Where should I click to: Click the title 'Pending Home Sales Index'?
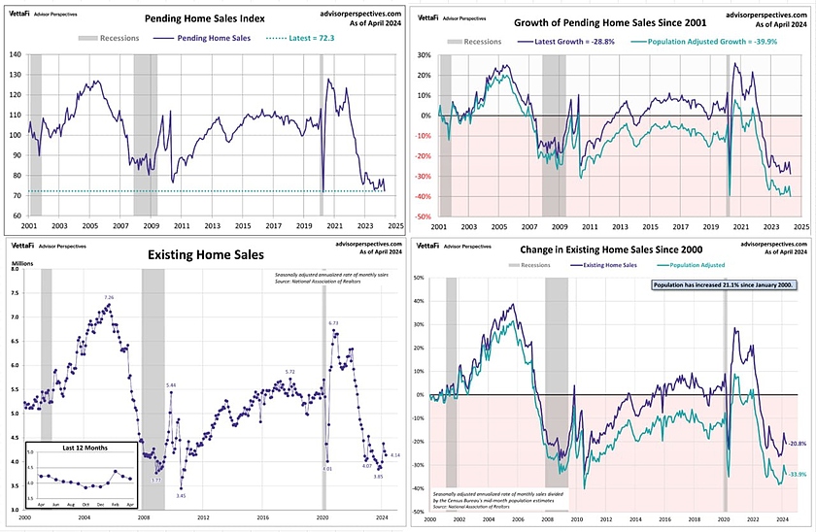tap(205, 18)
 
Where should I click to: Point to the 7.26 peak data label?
tap(109, 297)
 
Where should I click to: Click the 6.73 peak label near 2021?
tap(333, 322)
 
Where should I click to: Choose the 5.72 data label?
tap(289, 372)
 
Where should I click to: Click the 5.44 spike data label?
tap(170, 385)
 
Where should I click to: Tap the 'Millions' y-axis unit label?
tap(20, 263)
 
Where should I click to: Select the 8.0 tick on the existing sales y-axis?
tap(15, 269)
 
